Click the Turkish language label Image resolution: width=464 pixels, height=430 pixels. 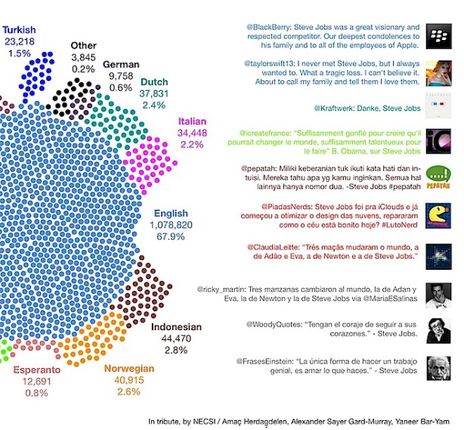click(20, 29)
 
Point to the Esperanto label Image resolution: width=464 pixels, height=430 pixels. click(36, 370)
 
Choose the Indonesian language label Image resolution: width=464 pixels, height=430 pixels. click(176, 327)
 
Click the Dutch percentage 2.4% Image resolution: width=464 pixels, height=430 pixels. click(153, 105)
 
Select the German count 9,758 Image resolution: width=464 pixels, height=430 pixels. click(121, 76)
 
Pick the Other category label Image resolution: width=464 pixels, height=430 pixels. click(84, 45)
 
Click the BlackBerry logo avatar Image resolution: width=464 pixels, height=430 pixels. click(434, 36)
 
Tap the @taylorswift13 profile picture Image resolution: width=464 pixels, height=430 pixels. click(434, 71)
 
